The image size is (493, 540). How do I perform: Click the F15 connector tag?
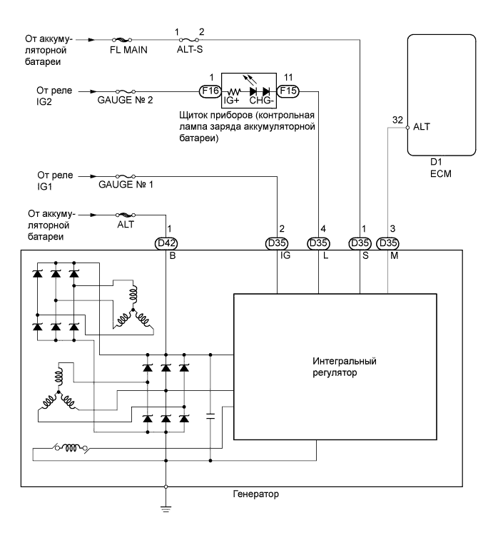click(288, 91)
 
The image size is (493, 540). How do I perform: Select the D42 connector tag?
click(166, 243)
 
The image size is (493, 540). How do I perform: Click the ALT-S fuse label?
click(191, 52)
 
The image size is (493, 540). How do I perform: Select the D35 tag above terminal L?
click(318, 243)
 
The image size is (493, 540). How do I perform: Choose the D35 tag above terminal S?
click(360, 243)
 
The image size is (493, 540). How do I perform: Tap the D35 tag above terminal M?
click(388, 243)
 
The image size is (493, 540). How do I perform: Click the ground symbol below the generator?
click(166, 507)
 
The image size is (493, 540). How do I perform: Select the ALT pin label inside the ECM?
click(421, 129)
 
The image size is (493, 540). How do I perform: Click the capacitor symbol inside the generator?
click(211, 417)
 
